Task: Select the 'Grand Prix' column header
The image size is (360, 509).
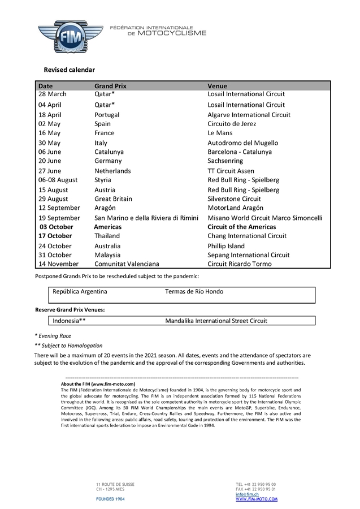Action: [110, 86]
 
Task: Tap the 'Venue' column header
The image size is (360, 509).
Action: [218, 86]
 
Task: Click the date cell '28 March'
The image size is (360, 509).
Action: [53, 94]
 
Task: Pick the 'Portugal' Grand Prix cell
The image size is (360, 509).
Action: [106, 115]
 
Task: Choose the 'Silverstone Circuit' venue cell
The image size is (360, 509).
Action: [235, 199]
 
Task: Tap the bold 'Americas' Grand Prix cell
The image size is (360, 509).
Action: [107, 227]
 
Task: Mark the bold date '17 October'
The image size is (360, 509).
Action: [55, 236]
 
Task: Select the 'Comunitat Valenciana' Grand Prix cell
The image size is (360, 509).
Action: [127, 264]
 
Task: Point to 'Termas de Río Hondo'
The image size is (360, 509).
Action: [194, 292]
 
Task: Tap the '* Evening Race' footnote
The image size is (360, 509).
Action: [53, 335]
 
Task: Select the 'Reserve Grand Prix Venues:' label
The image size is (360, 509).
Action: [70, 310]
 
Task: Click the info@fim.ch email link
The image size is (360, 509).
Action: [247, 495]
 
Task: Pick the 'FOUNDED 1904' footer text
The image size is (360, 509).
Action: [111, 499]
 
